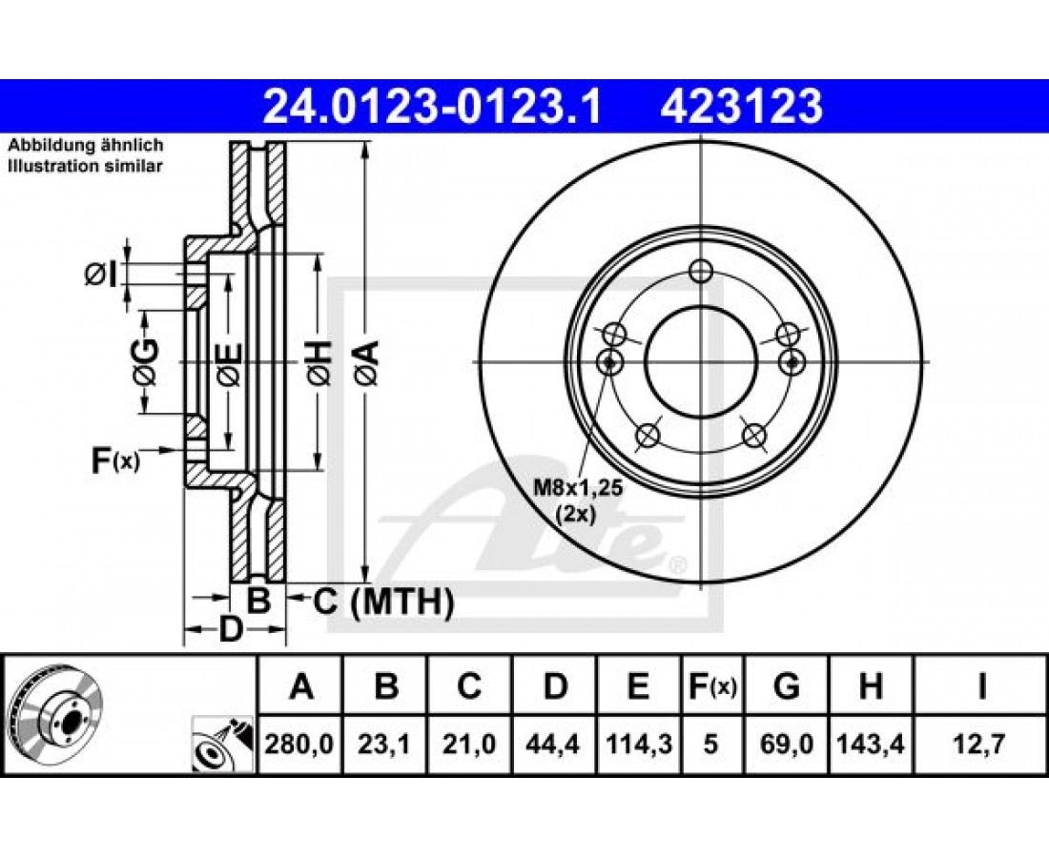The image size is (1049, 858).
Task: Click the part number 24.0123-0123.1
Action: point(433,107)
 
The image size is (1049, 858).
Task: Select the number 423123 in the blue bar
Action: point(741,107)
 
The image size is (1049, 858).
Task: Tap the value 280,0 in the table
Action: point(299,744)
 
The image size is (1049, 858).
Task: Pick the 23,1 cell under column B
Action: point(384,744)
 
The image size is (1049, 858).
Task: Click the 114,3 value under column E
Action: point(638,744)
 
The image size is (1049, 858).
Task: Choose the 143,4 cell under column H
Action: point(871,744)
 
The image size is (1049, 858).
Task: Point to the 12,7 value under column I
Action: point(980,744)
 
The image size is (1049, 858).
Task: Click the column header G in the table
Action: point(786,686)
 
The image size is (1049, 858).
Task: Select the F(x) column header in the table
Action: point(712,686)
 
